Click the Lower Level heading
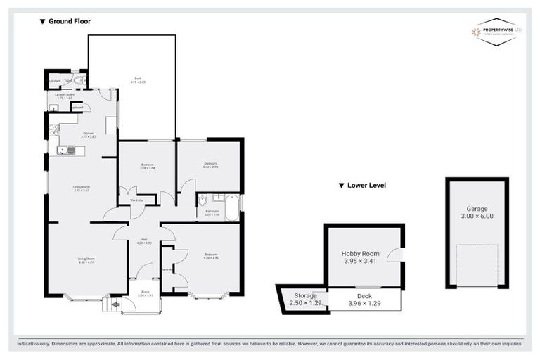[x=362, y=186]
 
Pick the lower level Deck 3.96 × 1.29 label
[x=364, y=300]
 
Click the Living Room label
[x=86, y=262]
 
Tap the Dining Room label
[x=82, y=188]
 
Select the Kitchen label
[x=88, y=134]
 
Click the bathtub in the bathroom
[x=232, y=207]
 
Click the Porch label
[x=144, y=293]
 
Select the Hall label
[x=143, y=241]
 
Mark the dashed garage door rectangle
[x=477, y=264]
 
